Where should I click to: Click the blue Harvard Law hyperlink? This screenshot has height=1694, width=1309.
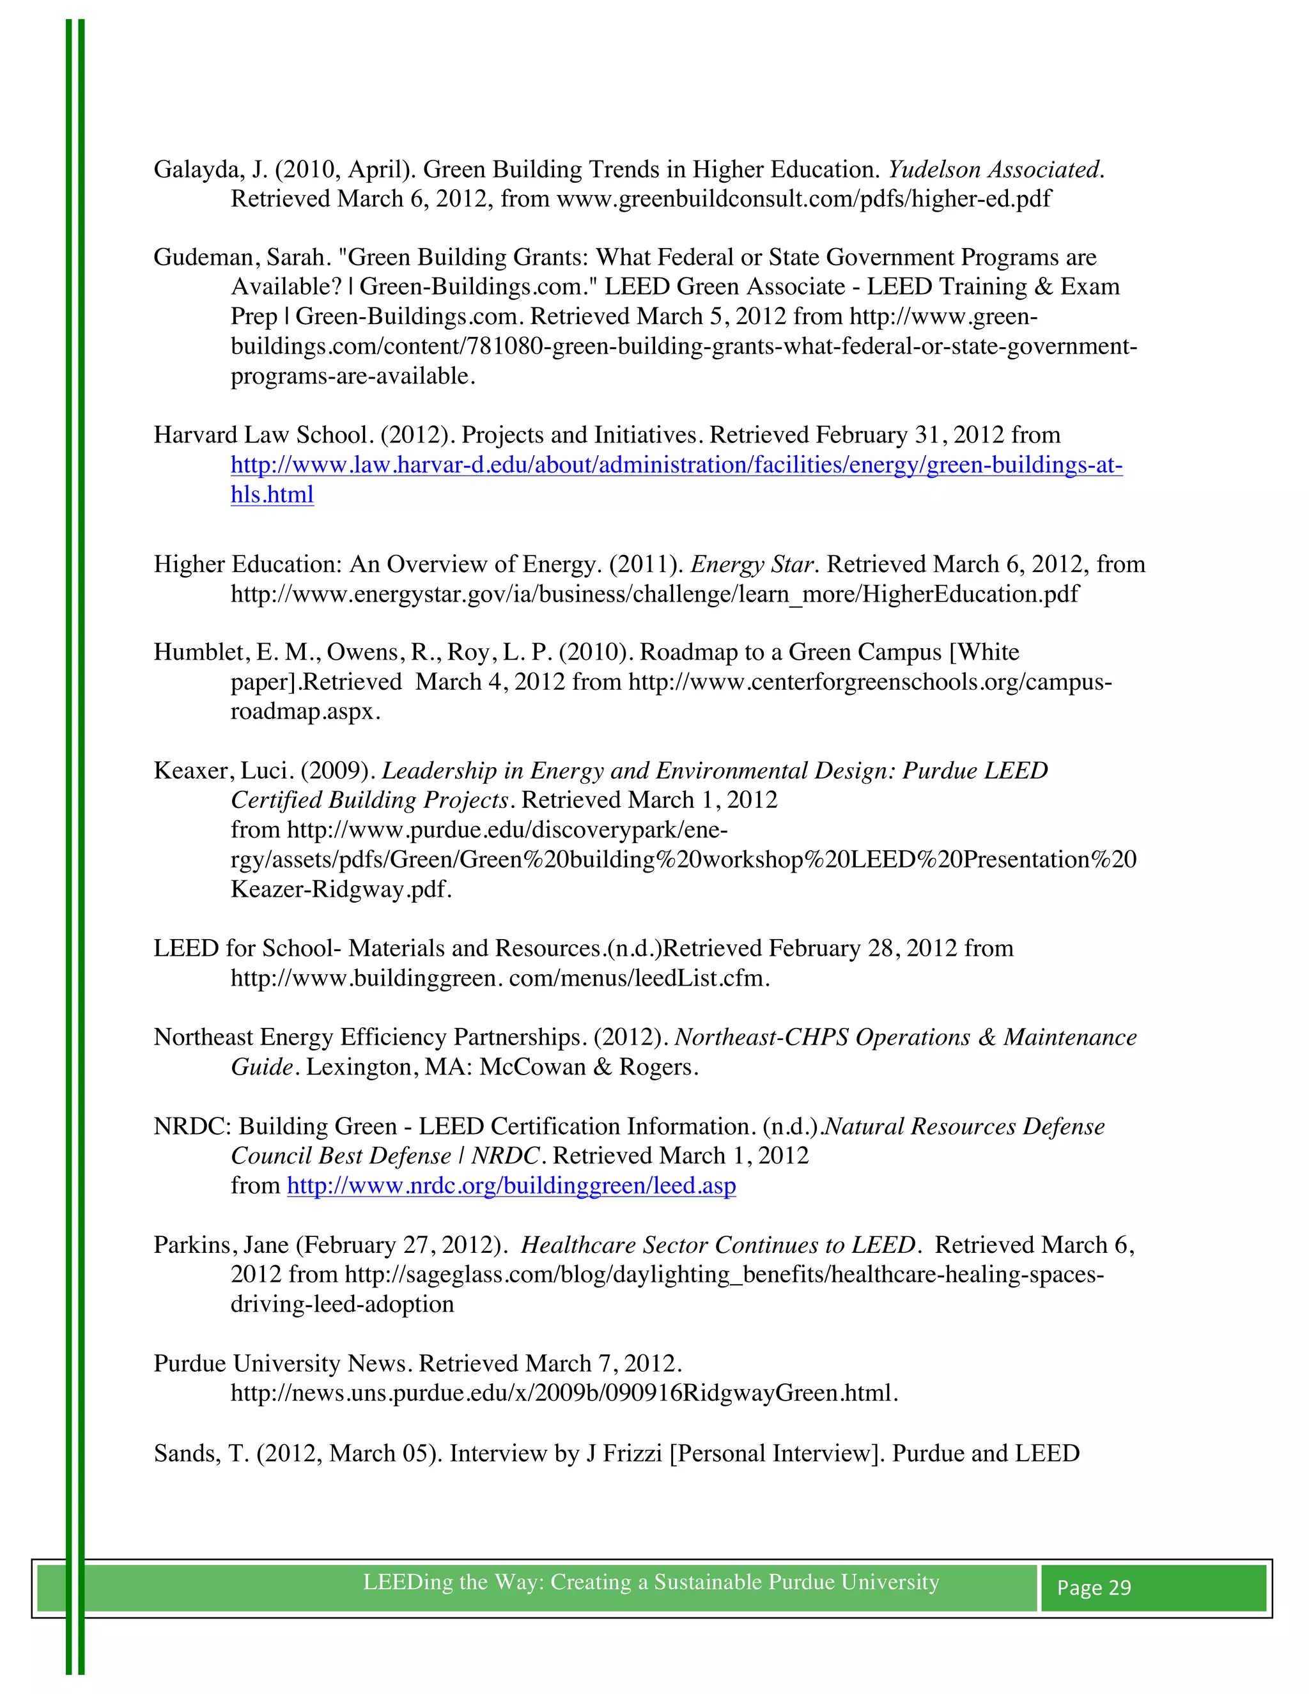pos(676,465)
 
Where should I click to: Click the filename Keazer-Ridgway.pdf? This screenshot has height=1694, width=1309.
pos(341,890)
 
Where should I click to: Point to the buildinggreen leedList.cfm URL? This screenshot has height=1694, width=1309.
pos(499,979)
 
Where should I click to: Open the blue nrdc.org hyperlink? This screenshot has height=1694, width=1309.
pos(511,1186)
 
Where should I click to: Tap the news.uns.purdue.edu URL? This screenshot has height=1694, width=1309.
pos(563,1394)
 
